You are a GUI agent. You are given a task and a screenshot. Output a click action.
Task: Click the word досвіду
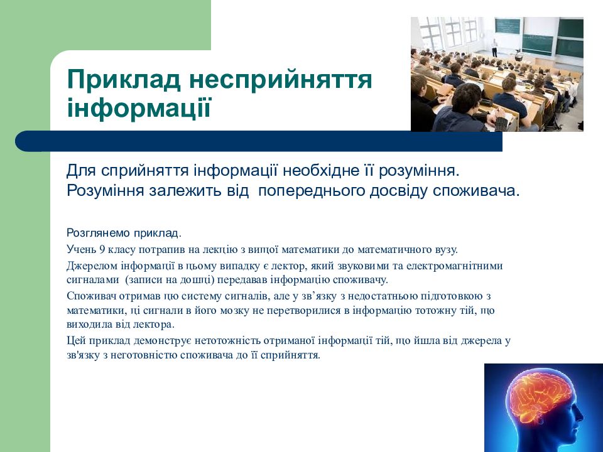click(405, 190)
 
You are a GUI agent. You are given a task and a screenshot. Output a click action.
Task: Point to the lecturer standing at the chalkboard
click(494, 48)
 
